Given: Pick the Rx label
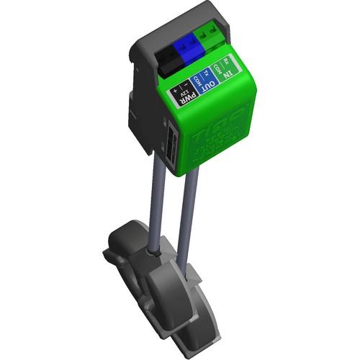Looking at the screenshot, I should coord(227,59).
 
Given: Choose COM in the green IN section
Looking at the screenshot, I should coord(218,66).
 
